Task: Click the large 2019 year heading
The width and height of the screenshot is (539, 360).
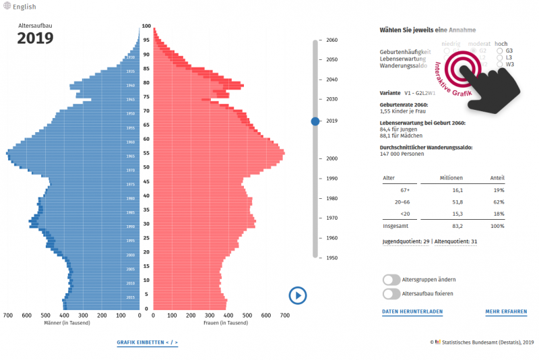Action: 35,38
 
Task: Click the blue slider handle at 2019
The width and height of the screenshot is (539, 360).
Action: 315,121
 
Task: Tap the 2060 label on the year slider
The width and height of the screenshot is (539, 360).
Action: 331,40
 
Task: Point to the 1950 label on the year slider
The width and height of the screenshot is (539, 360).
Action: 331,258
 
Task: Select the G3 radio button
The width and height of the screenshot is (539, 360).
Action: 499,51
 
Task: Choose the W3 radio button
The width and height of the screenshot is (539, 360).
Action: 499,65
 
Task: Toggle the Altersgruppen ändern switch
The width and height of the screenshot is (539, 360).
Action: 391,279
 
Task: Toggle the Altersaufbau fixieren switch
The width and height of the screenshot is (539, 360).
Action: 391,294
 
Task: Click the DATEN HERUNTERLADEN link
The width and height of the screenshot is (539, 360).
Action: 412,312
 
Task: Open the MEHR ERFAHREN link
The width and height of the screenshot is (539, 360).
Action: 506,312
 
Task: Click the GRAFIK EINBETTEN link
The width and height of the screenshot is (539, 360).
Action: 147,342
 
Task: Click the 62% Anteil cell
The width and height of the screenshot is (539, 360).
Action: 498,202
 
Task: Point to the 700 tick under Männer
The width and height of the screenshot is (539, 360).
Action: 8,315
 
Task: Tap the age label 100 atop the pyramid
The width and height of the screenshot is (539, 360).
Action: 146,26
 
